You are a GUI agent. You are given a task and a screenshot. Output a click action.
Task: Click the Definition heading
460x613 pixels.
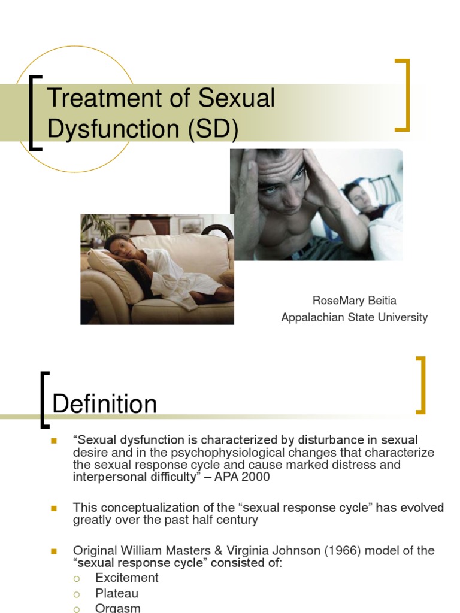click(105, 405)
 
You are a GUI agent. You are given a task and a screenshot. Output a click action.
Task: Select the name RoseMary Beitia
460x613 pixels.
click(355, 300)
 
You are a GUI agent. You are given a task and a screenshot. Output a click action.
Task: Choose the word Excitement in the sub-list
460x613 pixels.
click(127, 578)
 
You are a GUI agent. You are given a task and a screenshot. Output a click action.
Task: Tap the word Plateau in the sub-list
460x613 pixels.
click(117, 593)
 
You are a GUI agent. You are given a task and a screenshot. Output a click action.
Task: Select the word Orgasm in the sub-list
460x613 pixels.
click(118, 608)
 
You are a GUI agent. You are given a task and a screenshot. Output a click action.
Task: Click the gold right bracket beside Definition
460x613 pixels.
click(421, 385)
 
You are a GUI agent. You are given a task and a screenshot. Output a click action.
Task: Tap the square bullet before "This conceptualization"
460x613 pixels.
click(53, 508)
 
